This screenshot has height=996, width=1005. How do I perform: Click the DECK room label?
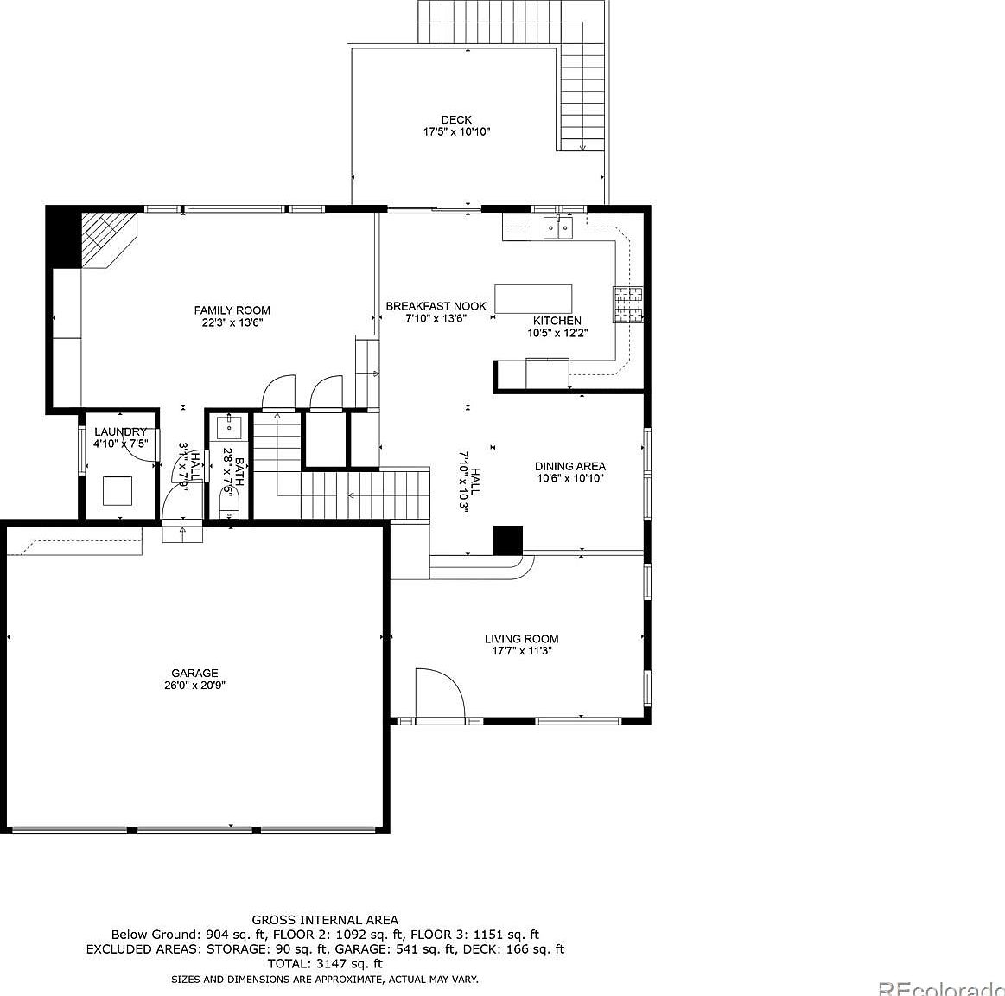click(456, 120)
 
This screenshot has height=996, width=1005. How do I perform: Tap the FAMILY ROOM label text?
click(232, 310)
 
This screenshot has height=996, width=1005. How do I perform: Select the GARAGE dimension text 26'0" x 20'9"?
click(194, 685)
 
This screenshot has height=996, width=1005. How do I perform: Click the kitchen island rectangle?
click(533, 299)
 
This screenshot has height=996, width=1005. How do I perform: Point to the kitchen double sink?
click(557, 227)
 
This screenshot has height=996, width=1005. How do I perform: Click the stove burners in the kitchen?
click(628, 303)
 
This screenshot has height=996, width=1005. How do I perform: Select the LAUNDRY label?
click(120, 432)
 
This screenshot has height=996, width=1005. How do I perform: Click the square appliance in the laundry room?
click(118, 490)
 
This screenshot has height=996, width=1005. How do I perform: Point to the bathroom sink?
click(228, 426)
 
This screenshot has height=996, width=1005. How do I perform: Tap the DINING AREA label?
click(569, 466)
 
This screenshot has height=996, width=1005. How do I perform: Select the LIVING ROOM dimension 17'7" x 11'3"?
click(521, 651)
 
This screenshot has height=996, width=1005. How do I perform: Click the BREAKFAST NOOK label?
click(436, 306)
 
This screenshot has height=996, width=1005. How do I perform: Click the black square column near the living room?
click(508, 539)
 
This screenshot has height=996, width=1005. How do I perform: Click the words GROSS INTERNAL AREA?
click(325, 920)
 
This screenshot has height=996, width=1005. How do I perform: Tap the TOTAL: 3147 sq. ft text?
click(325, 962)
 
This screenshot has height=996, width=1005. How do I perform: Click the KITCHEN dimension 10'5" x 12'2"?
click(557, 332)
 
